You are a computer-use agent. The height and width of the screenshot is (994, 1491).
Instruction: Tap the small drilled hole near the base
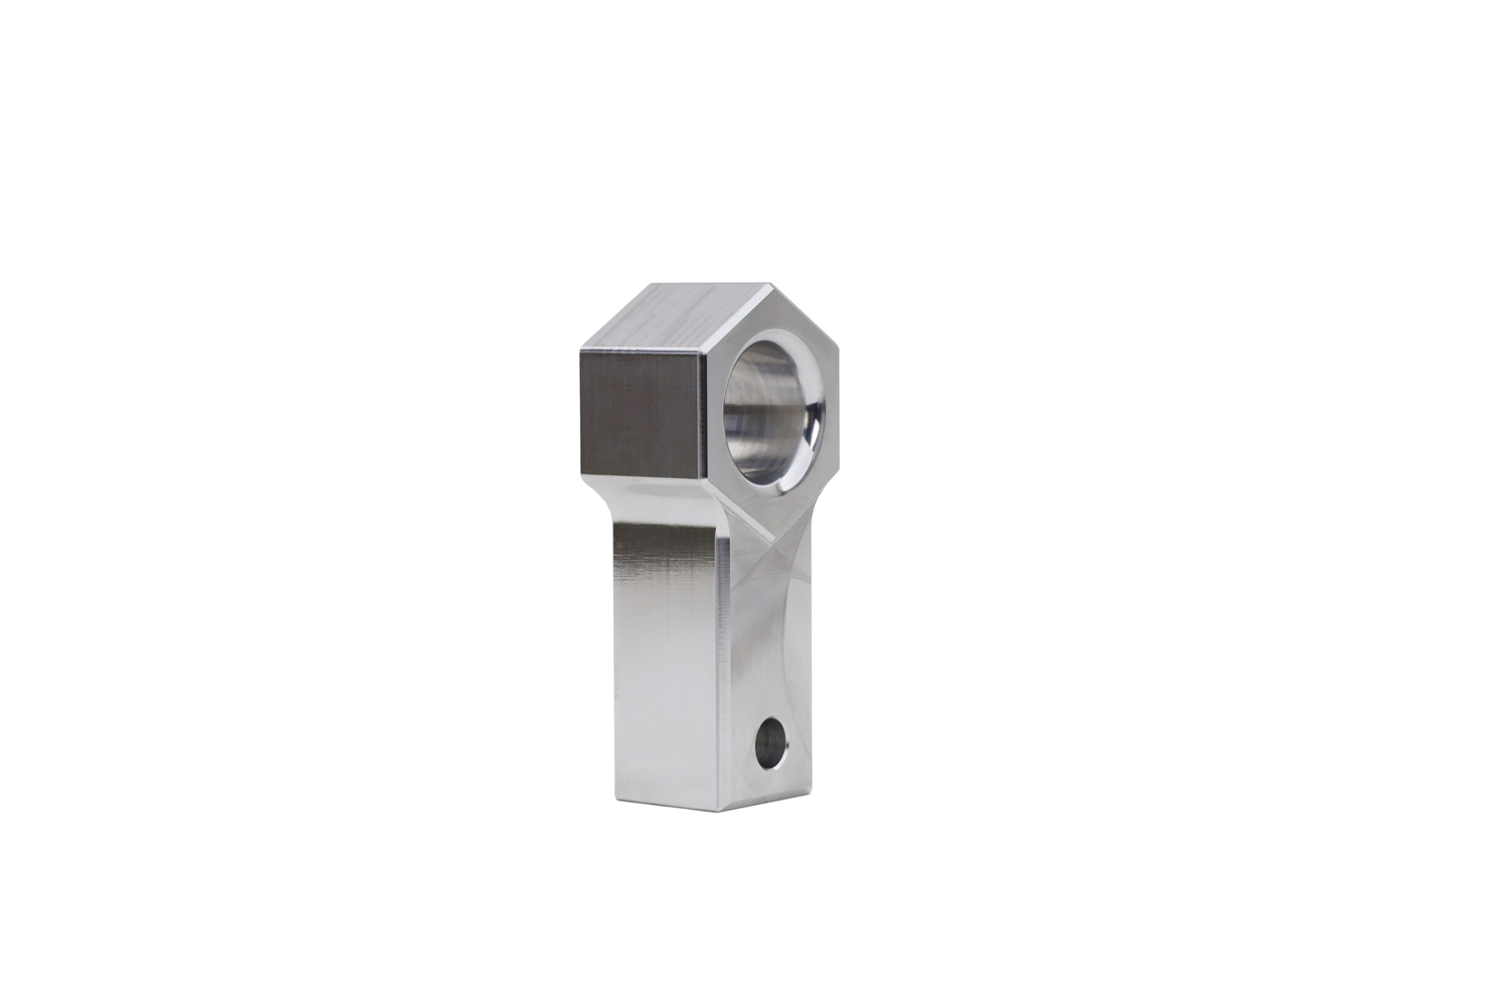(771, 751)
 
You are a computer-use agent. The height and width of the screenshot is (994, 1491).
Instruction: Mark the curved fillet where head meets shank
(605, 501)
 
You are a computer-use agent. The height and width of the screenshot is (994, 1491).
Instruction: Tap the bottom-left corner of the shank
(616, 800)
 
